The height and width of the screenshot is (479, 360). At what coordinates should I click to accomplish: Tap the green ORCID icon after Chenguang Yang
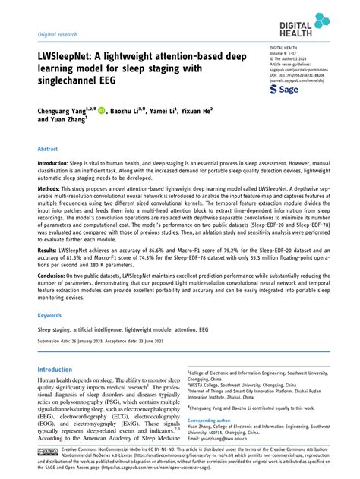click(x=103, y=110)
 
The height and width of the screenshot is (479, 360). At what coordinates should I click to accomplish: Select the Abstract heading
click(x=49, y=150)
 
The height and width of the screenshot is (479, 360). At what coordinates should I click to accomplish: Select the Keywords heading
click(x=50, y=315)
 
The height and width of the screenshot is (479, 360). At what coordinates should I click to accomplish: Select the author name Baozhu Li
click(x=129, y=110)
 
